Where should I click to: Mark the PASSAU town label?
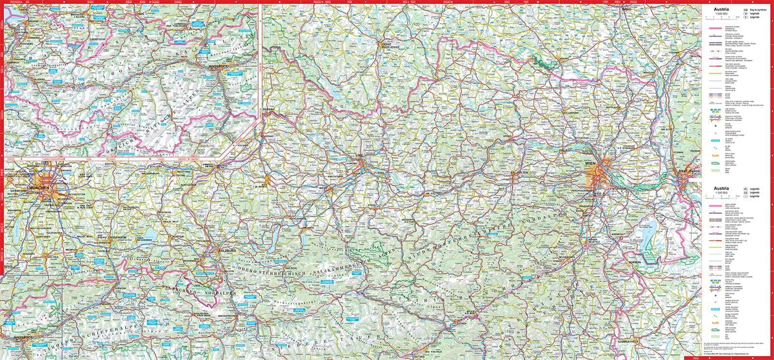[268, 110]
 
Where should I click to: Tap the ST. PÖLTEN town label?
[521, 173]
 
